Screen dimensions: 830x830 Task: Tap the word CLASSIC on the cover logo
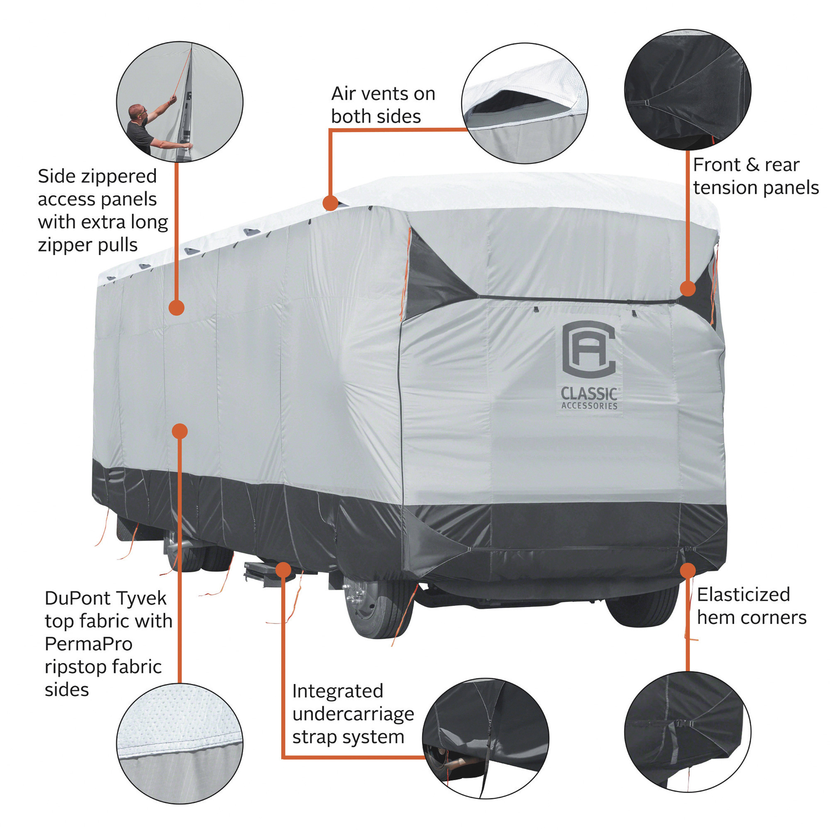(589, 393)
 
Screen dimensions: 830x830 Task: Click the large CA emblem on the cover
(588, 350)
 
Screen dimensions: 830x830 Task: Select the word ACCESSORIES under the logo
(589, 406)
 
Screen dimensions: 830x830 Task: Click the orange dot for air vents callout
(330, 203)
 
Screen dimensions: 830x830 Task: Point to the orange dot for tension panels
(688, 289)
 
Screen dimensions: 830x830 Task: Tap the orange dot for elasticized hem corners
(688, 571)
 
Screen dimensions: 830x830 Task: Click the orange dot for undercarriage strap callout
(283, 570)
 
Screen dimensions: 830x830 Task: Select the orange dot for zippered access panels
(176, 308)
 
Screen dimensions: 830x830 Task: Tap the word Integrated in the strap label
(337, 691)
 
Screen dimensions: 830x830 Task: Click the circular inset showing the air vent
(525, 103)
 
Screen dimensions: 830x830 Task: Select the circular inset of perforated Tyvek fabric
(180, 744)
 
